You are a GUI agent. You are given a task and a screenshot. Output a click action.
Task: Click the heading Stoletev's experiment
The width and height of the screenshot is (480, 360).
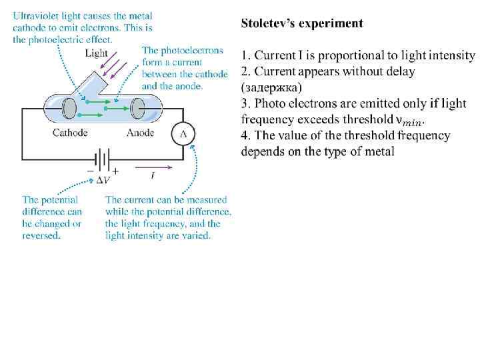(x=302, y=23)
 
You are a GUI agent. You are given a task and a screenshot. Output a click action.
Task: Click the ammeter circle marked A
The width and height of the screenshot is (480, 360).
(x=183, y=134)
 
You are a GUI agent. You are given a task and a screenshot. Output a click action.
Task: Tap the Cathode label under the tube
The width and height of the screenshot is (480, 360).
(x=70, y=133)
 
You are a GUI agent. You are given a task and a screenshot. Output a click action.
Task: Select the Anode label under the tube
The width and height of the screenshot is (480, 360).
(x=140, y=133)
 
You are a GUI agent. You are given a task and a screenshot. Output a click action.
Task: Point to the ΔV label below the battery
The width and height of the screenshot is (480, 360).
(x=103, y=179)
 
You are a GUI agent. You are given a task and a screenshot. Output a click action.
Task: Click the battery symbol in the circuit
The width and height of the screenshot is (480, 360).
(x=103, y=161)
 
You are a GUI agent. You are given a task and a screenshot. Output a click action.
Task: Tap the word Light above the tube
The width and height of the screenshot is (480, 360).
(x=97, y=53)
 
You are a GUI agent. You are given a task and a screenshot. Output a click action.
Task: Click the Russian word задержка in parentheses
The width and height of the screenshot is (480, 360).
(x=271, y=87)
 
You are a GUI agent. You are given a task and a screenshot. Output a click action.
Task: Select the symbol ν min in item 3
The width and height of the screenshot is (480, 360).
(x=409, y=121)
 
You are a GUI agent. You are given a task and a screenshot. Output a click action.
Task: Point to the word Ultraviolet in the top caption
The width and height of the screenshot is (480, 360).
(x=36, y=15)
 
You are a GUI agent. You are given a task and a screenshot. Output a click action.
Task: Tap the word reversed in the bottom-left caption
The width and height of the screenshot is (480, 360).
(x=41, y=235)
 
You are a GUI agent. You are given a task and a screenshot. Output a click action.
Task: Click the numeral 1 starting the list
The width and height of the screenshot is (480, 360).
(x=245, y=55)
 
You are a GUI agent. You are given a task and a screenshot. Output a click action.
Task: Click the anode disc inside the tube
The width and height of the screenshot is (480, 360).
(x=138, y=107)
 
